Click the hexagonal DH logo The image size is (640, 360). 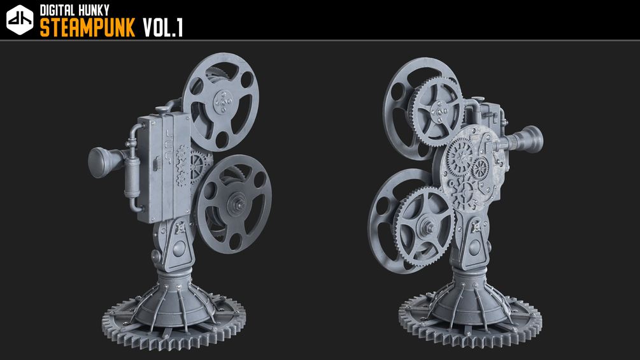pos(20,20)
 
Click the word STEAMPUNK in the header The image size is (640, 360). pos(87,28)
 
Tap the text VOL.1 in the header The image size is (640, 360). pos(163,28)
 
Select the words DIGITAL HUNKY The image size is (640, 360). pos(75,10)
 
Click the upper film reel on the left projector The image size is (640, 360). pos(220,102)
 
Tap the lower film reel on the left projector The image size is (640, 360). pos(234,203)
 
